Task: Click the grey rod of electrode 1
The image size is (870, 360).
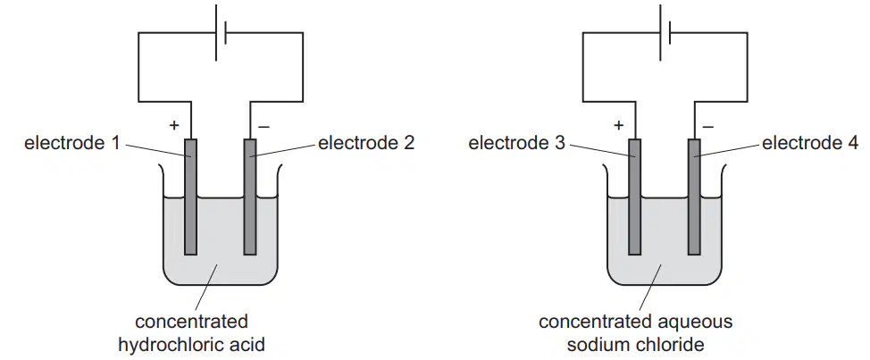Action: click(190, 197)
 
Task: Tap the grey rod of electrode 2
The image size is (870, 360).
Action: click(250, 197)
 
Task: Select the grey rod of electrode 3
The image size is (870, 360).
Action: click(634, 197)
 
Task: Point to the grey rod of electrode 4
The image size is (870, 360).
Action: click(694, 197)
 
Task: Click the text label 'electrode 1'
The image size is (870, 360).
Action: click(71, 143)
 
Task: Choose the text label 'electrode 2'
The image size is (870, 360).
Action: click(366, 143)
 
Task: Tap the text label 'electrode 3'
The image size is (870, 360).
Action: click(516, 143)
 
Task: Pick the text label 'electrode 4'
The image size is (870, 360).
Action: click(811, 143)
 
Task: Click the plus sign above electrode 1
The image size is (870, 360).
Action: click(175, 125)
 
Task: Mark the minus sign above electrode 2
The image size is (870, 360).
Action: click(264, 127)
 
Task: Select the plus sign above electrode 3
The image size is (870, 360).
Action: click(619, 125)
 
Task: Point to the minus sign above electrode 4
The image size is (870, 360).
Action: click(708, 127)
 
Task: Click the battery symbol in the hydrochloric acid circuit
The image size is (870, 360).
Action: click(221, 32)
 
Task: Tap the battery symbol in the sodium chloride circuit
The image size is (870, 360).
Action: click(665, 32)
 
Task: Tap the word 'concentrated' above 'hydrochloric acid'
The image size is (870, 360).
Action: click(191, 322)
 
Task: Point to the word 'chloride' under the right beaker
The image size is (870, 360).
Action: click(670, 345)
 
